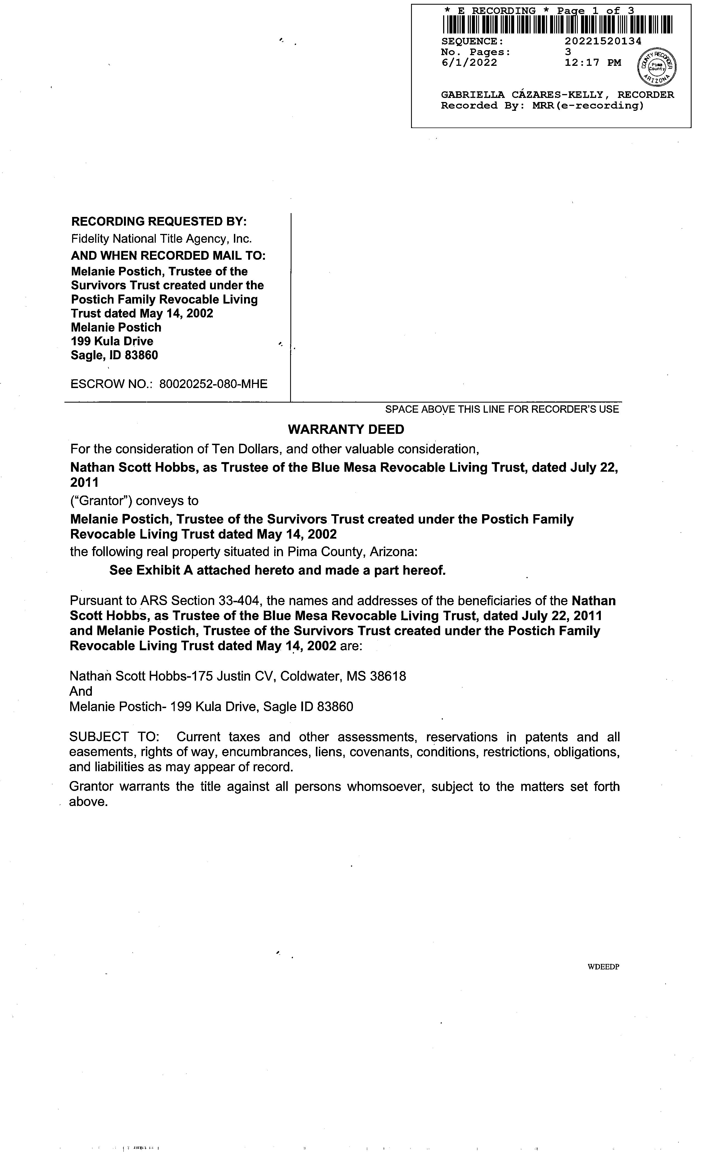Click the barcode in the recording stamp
pyautogui.click(x=557, y=25)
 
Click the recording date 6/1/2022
pyautogui.click(x=469, y=63)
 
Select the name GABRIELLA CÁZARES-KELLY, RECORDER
pyautogui.click(x=557, y=95)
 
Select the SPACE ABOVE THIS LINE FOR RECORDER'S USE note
pyautogui.click(x=502, y=409)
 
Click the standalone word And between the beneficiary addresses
pyautogui.click(x=81, y=691)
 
